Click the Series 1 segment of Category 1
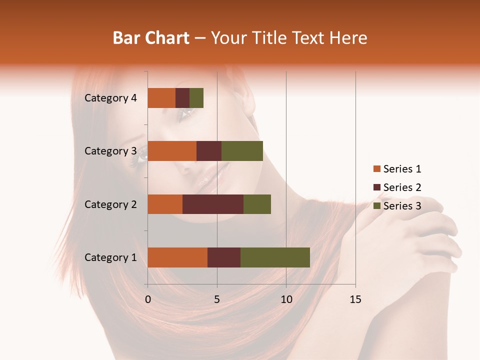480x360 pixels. click(177, 257)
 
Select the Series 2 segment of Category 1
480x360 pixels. click(224, 257)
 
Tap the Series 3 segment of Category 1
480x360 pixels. click(275, 257)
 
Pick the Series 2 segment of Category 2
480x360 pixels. click(213, 204)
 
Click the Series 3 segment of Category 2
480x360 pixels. click(257, 204)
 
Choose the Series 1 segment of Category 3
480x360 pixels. click(172, 151)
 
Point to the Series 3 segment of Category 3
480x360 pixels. click(242, 151)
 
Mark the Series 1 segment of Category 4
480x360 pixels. click(161, 98)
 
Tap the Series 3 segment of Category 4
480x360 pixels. click(196, 98)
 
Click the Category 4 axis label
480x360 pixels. click(110, 98)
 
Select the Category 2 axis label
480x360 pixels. click(110, 204)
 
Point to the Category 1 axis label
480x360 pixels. click(110, 257)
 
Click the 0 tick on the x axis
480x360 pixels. click(148, 299)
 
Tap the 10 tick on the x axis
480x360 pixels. click(286, 299)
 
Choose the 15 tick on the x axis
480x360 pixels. click(355, 299)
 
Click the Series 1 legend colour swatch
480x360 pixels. click(376, 169)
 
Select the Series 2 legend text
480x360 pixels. click(402, 187)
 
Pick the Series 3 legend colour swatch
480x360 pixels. click(376, 206)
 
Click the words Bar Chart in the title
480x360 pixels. click(151, 38)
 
